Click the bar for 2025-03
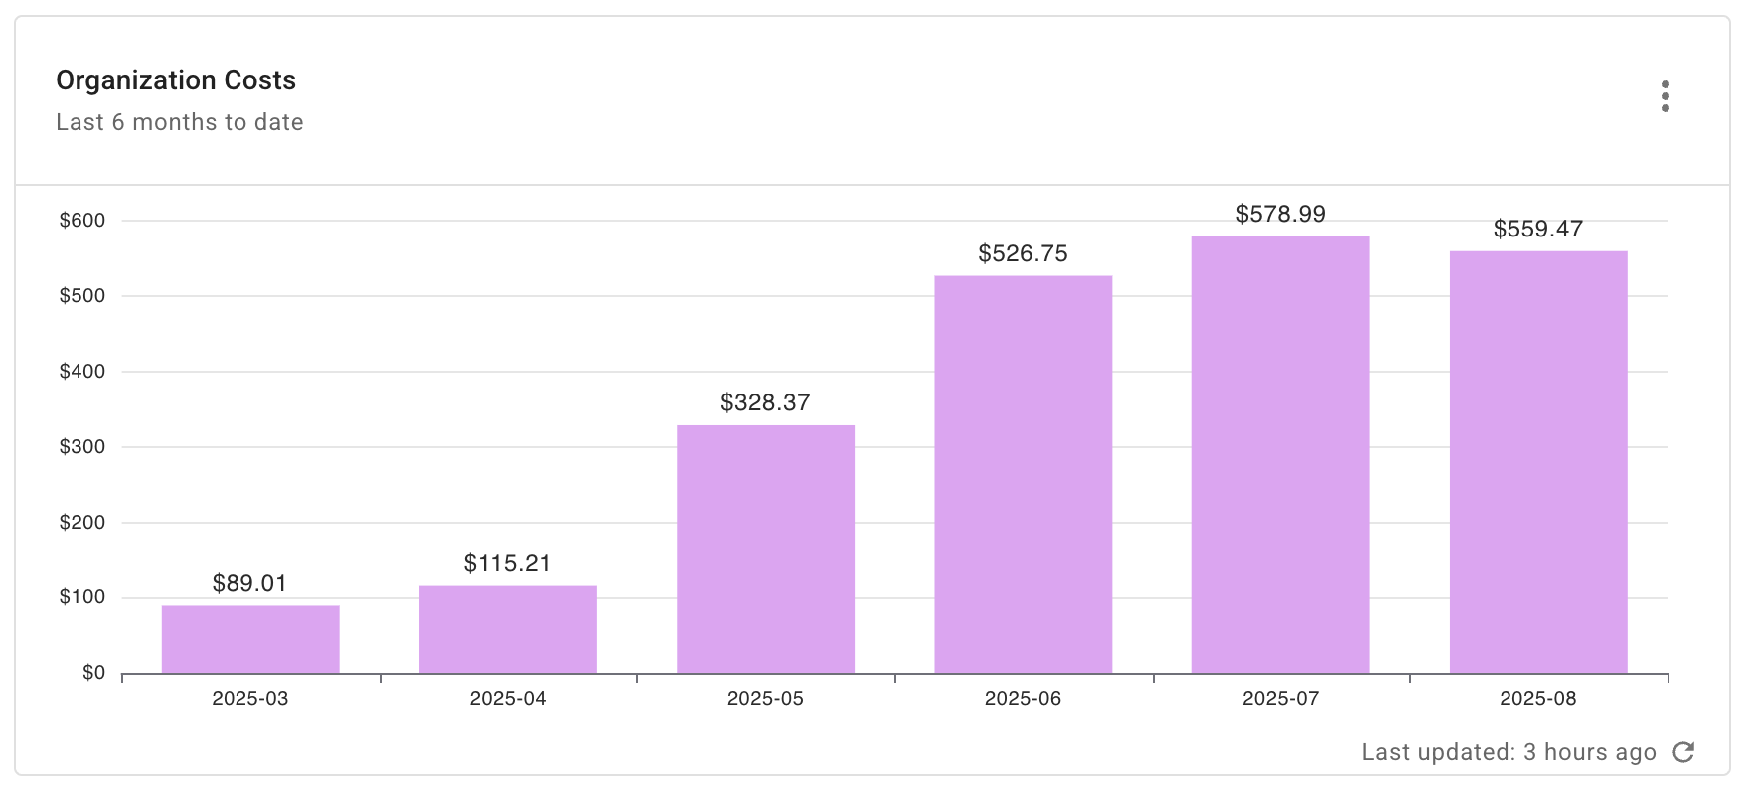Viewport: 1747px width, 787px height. tap(250, 639)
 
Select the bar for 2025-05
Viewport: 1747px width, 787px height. tap(765, 549)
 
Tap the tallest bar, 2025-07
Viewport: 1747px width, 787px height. tap(1280, 454)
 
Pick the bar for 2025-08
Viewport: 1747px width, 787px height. tap(1537, 462)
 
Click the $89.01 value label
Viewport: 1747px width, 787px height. tap(249, 583)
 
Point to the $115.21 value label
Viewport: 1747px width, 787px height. tap(507, 563)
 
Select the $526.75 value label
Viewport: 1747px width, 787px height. tap(1023, 253)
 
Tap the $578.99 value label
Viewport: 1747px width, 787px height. tap(1280, 214)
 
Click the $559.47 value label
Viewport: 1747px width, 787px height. tap(1537, 229)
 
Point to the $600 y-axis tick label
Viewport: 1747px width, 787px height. tap(82, 221)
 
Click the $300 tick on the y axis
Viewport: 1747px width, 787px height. tap(82, 447)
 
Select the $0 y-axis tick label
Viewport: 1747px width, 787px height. tap(93, 673)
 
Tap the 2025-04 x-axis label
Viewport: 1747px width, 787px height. tap(507, 699)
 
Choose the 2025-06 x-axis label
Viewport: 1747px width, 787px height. tap(1023, 699)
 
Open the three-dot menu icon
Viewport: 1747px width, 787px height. tap(1665, 96)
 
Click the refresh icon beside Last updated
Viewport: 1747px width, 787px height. tap(1683, 752)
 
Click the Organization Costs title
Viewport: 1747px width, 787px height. tap(176, 80)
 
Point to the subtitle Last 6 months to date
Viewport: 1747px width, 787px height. tap(180, 122)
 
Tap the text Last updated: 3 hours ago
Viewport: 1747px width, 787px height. tap(1509, 752)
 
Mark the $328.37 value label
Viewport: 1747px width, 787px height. tap(765, 402)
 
